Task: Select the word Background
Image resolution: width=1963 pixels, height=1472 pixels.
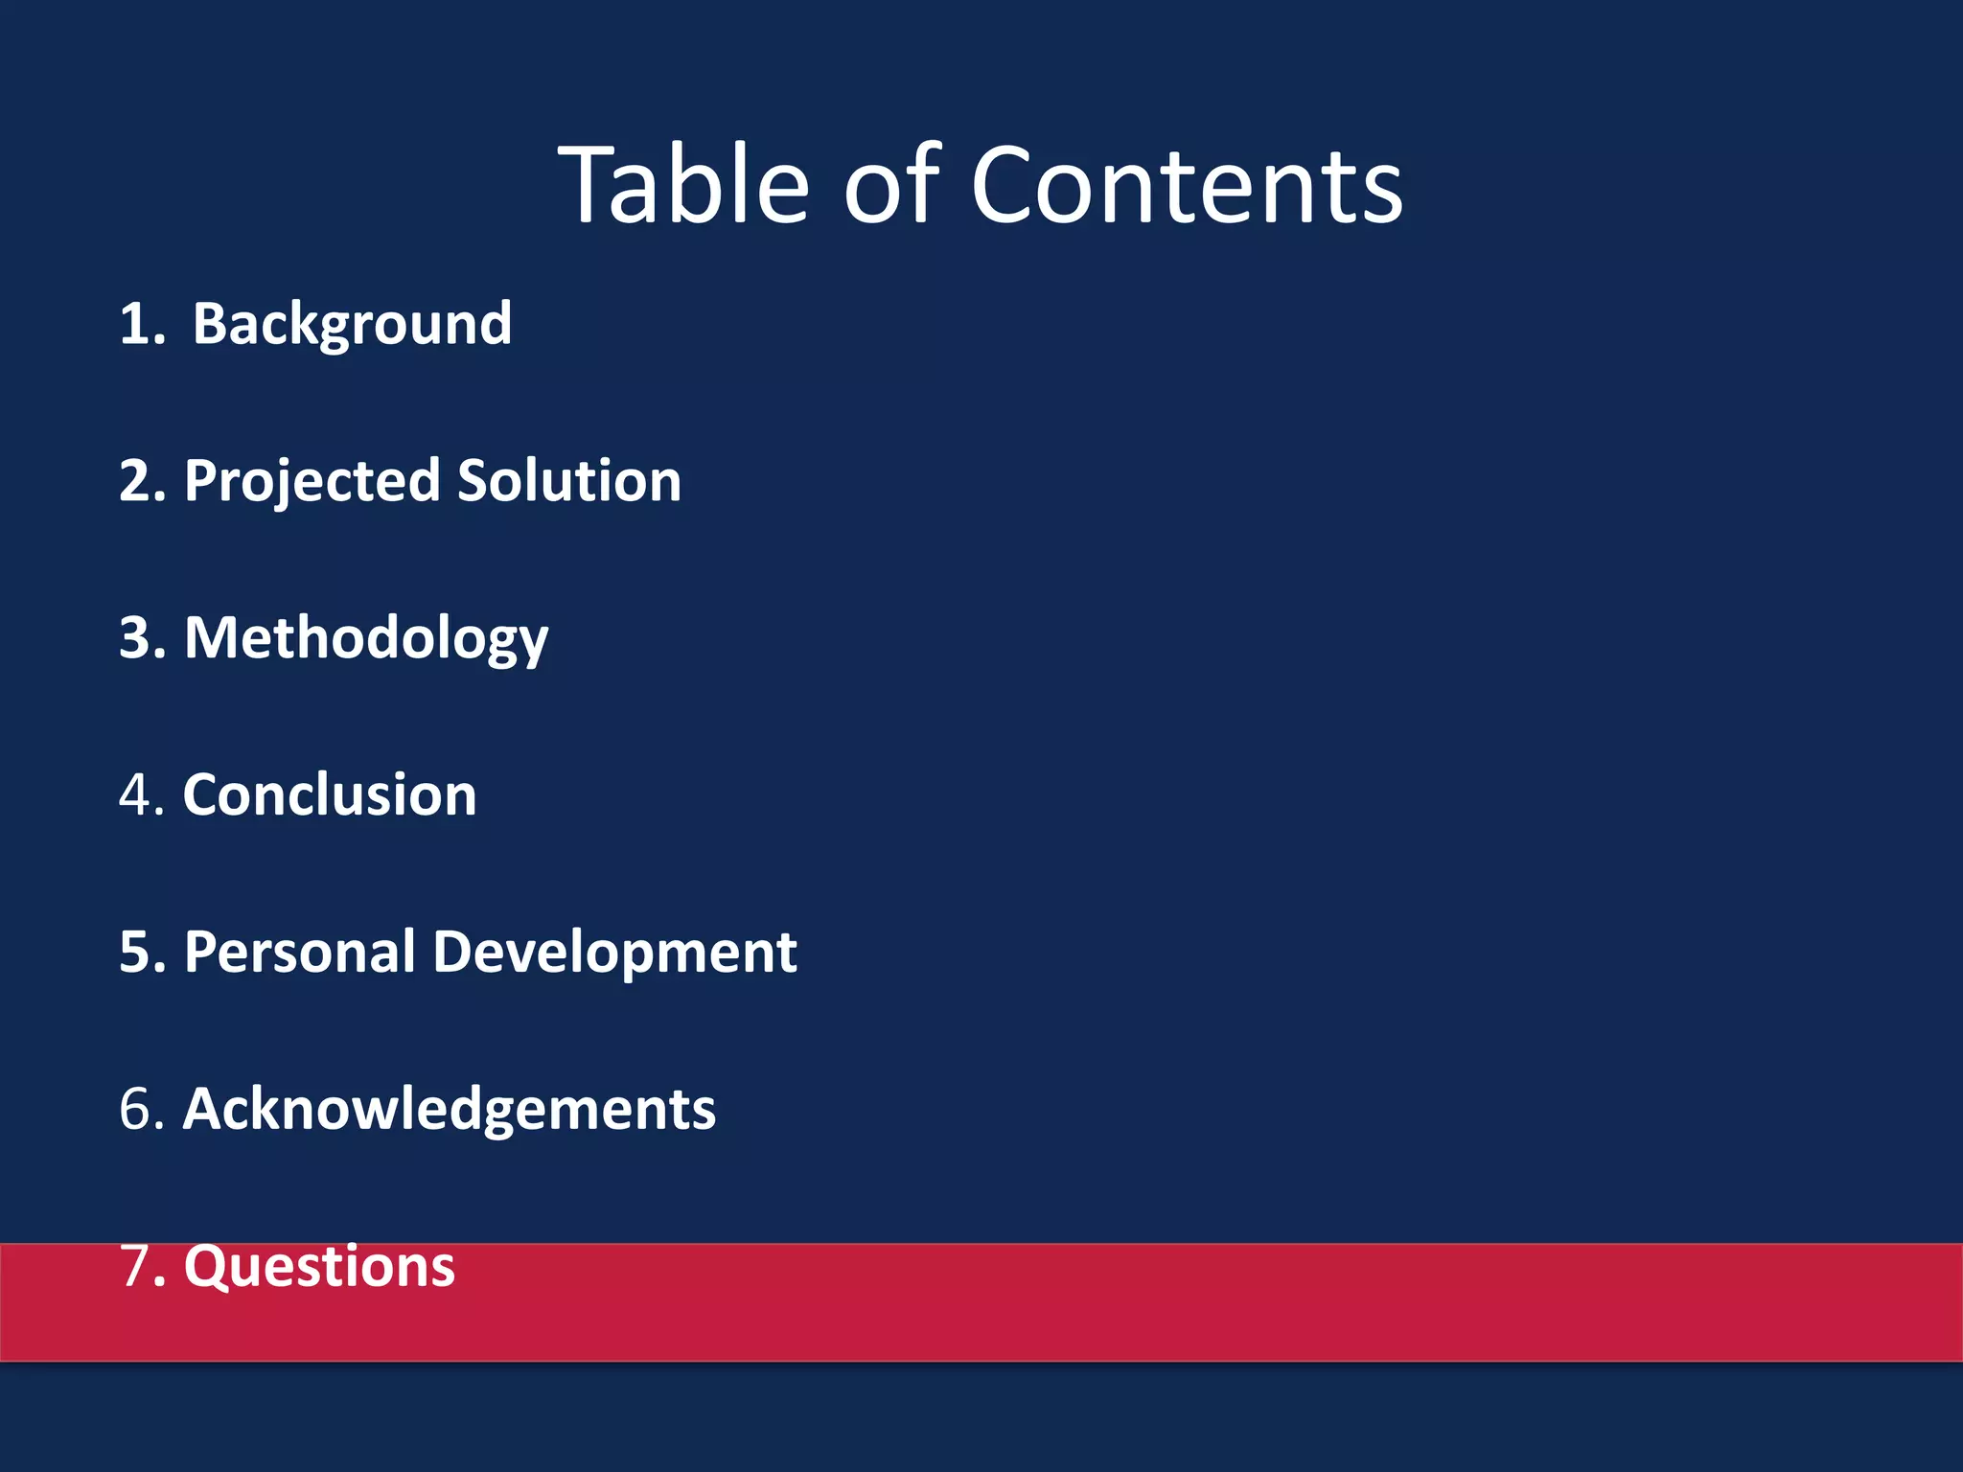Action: [x=352, y=324]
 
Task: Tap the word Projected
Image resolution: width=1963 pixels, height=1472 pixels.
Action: [x=312, y=481]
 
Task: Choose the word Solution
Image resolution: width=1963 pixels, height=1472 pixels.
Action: [x=569, y=481]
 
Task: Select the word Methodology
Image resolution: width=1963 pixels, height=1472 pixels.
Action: [x=366, y=639]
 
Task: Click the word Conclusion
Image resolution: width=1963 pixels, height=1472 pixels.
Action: [x=330, y=795]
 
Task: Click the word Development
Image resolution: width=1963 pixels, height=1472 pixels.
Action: [x=614, y=953]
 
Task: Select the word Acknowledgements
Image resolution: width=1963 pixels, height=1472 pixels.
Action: [x=449, y=1110]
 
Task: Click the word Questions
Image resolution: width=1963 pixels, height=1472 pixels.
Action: [x=319, y=1267]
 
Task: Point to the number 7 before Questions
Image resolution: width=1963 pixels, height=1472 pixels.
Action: [x=135, y=1267]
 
